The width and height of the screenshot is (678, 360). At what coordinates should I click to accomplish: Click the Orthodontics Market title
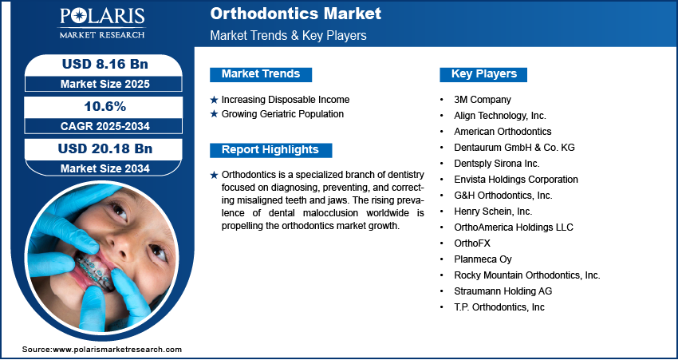tap(296, 14)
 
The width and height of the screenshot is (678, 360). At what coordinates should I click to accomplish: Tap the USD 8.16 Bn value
tap(105, 64)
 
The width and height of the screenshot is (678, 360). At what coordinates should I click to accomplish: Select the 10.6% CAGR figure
tap(104, 106)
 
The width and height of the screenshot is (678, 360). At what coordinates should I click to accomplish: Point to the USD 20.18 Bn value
tap(105, 148)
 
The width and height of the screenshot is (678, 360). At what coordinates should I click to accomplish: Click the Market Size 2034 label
tap(105, 168)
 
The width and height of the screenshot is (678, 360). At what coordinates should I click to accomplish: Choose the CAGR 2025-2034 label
tap(105, 126)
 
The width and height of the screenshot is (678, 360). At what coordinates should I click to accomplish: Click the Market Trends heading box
tap(261, 74)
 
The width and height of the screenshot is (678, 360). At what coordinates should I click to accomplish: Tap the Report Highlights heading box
tap(270, 150)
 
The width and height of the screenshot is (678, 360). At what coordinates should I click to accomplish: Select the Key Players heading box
tap(483, 74)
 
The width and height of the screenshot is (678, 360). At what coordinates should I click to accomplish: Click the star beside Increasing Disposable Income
tap(214, 100)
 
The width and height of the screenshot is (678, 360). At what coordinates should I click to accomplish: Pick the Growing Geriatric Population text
tap(283, 114)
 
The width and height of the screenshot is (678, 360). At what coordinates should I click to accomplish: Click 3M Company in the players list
tap(482, 100)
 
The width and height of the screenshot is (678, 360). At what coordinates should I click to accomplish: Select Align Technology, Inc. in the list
tap(500, 116)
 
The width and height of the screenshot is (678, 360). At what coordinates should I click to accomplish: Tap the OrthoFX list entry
tap(472, 243)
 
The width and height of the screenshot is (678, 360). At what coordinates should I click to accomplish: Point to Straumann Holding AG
tap(503, 291)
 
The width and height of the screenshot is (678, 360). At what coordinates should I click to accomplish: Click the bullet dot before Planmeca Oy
tap(441, 259)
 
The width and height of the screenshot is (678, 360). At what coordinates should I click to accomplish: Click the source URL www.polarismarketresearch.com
tap(117, 350)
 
